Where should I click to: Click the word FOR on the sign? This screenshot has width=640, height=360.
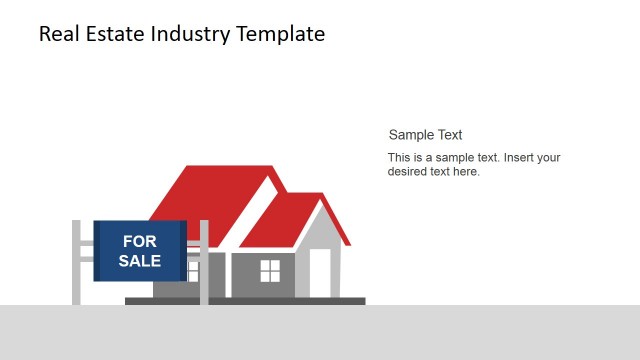(x=139, y=241)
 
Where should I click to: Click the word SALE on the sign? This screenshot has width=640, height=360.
(x=139, y=261)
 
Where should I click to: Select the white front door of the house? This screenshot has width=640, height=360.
(x=320, y=272)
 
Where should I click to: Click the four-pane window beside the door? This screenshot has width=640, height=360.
(x=270, y=270)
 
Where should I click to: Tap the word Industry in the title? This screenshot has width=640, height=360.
(x=194, y=34)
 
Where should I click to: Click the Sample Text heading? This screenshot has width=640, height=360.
(x=425, y=135)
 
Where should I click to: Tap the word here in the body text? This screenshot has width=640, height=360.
(x=466, y=172)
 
